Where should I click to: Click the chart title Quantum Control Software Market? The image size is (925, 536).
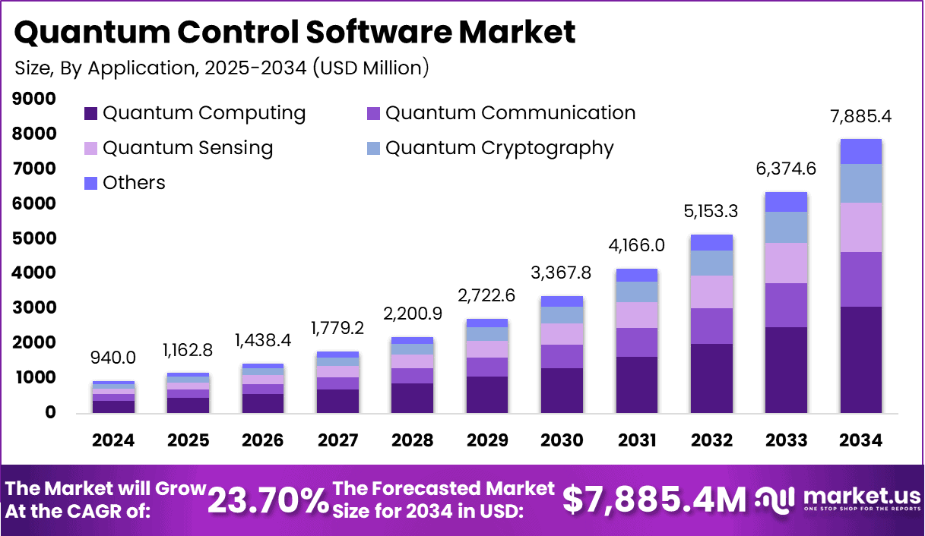[x=295, y=32]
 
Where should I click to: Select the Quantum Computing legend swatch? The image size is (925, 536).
[x=90, y=114]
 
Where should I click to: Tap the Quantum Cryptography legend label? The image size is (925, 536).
[x=499, y=147]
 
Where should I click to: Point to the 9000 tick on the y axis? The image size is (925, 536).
[x=34, y=99]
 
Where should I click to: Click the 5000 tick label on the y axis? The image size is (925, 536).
[x=34, y=238]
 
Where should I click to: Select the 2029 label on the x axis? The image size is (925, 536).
[x=487, y=441]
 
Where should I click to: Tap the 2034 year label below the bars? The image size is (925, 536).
[x=861, y=441]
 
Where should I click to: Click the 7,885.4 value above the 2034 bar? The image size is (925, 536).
[x=860, y=118]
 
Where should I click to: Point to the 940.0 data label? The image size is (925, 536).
[x=113, y=357]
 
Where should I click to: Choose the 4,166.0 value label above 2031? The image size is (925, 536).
[x=636, y=246]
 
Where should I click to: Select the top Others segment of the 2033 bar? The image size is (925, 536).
[x=786, y=202]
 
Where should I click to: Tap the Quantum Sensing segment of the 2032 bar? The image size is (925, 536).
[x=711, y=292]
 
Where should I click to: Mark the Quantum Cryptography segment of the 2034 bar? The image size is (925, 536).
[x=860, y=183]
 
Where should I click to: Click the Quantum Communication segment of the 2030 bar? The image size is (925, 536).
[x=562, y=356]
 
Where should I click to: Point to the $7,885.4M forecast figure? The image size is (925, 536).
[x=654, y=500]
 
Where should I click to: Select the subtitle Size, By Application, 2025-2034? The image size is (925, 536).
[x=221, y=68]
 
